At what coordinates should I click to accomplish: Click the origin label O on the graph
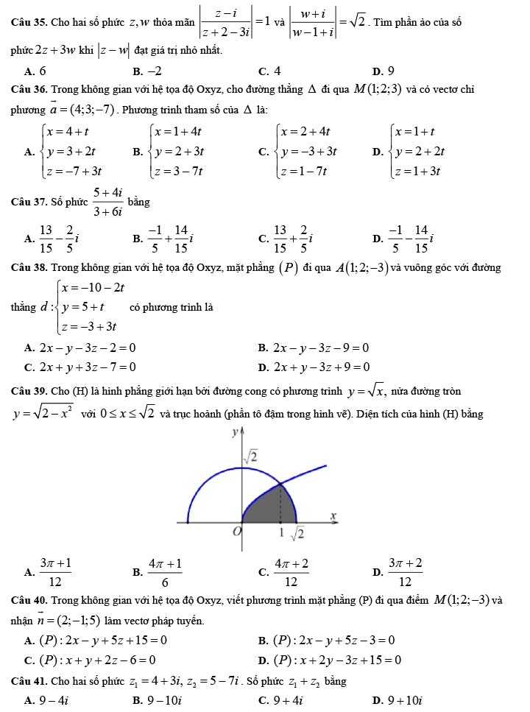point(237,532)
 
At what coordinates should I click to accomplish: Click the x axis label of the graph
point(332,516)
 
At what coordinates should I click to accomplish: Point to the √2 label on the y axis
point(251,457)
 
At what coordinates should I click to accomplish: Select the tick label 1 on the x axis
point(281,532)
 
